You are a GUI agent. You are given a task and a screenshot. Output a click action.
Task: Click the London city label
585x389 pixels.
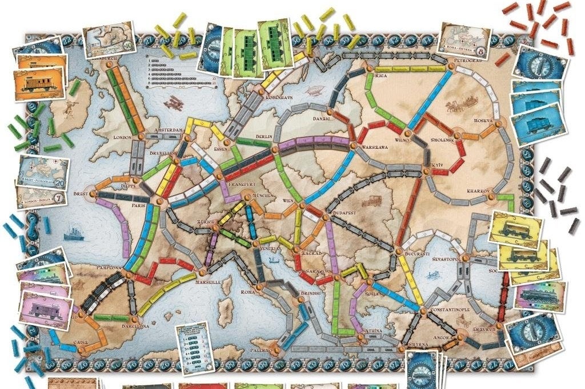coord(123,137)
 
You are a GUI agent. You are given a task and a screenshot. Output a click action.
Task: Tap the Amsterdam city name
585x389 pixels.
coord(169,130)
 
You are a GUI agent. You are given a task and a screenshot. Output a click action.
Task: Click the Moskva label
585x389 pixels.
coord(483,121)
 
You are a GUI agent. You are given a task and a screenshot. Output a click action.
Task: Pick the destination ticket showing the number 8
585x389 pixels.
coord(466,40)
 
